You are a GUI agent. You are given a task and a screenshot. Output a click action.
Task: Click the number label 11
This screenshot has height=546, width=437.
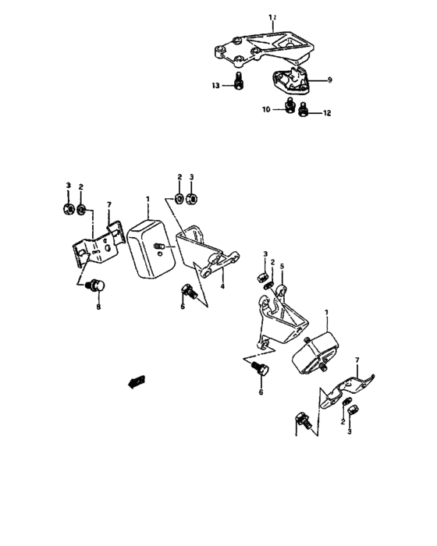[272, 16]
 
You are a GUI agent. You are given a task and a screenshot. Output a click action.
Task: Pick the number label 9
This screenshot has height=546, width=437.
[329, 80]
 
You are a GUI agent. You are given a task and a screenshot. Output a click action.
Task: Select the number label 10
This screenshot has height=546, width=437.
[265, 110]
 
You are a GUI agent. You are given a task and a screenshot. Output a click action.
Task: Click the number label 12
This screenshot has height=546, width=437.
[327, 113]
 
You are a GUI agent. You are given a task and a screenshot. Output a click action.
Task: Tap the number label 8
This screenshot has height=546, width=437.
[98, 307]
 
